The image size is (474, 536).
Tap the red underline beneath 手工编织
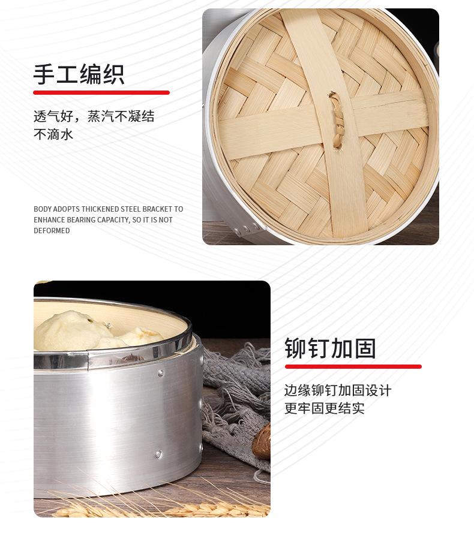[101, 92]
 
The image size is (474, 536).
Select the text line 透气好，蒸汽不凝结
[94, 116]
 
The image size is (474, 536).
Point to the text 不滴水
[53, 134]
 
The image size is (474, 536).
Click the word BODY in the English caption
[42, 209]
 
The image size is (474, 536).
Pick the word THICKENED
[100, 209]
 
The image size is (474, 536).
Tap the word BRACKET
[156, 209]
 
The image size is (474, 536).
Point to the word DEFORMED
[52, 231]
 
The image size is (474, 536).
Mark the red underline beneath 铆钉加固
[353, 366]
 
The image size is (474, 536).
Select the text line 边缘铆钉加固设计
[337, 391]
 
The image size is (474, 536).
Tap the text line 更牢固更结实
[324, 409]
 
